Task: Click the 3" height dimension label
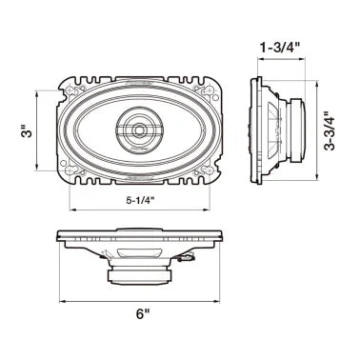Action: (x=29, y=131)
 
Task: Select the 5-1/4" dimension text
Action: (x=140, y=200)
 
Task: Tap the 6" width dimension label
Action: (x=143, y=314)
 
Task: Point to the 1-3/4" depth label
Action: (x=280, y=48)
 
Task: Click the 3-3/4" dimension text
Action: (x=330, y=130)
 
